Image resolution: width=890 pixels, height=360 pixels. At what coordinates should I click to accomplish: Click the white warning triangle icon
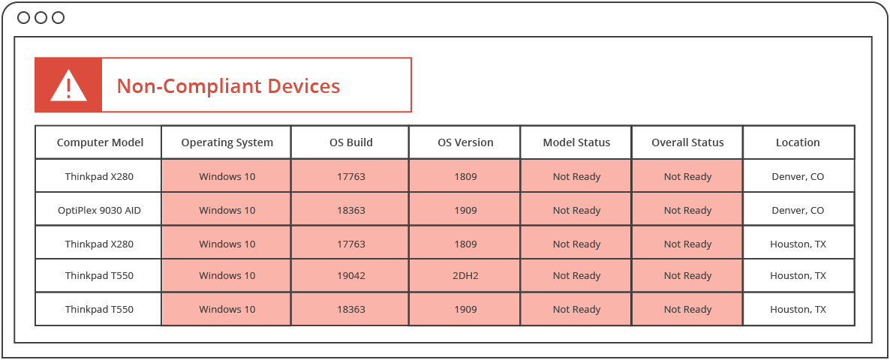pyautogui.click(x=68, y=86)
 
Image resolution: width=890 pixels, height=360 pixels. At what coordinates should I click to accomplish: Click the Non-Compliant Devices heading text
pyautogui.click(x=228, y=86)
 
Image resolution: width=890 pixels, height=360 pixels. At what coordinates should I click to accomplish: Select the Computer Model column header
pyautogui.click(x=100, y=142)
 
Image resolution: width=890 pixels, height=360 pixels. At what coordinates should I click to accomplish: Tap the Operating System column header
pyautogui.click(x=227, y=142)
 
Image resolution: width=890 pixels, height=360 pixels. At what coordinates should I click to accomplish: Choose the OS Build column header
pyautogui.click(x=350, y=142)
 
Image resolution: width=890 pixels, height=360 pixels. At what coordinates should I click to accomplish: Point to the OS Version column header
pyautogui.click(x=465, y=142)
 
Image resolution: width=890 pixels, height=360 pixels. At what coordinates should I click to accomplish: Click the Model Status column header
pyautogui.click(x=576, y=142)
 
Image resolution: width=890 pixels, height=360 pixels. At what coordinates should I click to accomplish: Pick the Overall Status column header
pyautogui.click(x=687, y=142)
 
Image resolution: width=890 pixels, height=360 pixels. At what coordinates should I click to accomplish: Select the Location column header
pyautogui.click(x=798, y=142)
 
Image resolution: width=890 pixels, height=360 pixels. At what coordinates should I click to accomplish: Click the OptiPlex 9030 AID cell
pyautogui.click(x=99, y=211)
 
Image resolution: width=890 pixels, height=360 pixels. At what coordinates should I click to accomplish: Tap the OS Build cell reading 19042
pyautogui.click(x=350, y=276)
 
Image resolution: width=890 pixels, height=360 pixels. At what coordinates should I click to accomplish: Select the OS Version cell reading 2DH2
pyautogui.click(x=465, y=276)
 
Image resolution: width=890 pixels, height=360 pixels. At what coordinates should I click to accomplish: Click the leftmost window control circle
pyautogui.click(x=23, y=17)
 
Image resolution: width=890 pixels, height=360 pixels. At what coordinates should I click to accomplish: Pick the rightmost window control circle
pyautogui.click(x=58, y=17)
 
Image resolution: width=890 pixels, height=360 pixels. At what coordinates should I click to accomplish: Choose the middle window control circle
pyautogui.click(x=41, y=17)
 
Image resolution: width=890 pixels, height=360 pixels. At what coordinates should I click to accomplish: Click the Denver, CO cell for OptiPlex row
pyautogui.click(x=798, y=211)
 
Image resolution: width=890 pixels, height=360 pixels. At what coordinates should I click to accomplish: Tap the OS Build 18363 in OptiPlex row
pyautogui.click(x=350, y=211)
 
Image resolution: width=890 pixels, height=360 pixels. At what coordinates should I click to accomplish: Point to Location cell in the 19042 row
pyautogui.click(x=798, y=276)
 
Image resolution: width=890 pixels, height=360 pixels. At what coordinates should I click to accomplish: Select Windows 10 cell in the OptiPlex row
pyautogui.click(x=227, y=211)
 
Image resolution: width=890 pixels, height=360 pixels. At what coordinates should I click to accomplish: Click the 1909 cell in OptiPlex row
pyautogui.click(x=465, y=211)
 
